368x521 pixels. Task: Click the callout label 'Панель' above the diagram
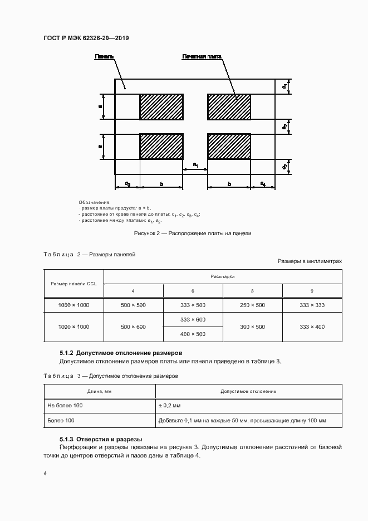pyautogui.click(x=105, y=57)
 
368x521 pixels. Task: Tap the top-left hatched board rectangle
pyautogui.click(x=161, y=106)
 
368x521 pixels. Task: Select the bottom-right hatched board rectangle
pyautogui.click(x=229, y=146)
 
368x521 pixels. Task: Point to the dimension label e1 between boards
pyautogui.click(x=195, y=164)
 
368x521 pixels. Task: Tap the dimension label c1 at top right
pyautogui.click(x=284, y=86)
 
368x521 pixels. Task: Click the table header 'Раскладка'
pyautogui.click(x=223, y=276)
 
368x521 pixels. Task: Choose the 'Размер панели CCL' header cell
pyautogui.click(x=73, y=284)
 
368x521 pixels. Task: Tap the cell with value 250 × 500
pyautogui.click(x=253, y=305)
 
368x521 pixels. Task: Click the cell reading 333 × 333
pyautogui.click(x=312, y=305)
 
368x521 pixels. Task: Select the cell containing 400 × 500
pyautogui.click(x=193, y=334)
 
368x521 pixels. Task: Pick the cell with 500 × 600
pyautogui.click(x=134, y=327)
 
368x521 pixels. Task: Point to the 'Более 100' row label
pyautogui.click(x=61, y=421)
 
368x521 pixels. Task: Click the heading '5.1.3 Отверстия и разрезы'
pyautogui.click(x=101, y=439)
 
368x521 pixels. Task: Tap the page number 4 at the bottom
pyautogui.click(x=45, y=473)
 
